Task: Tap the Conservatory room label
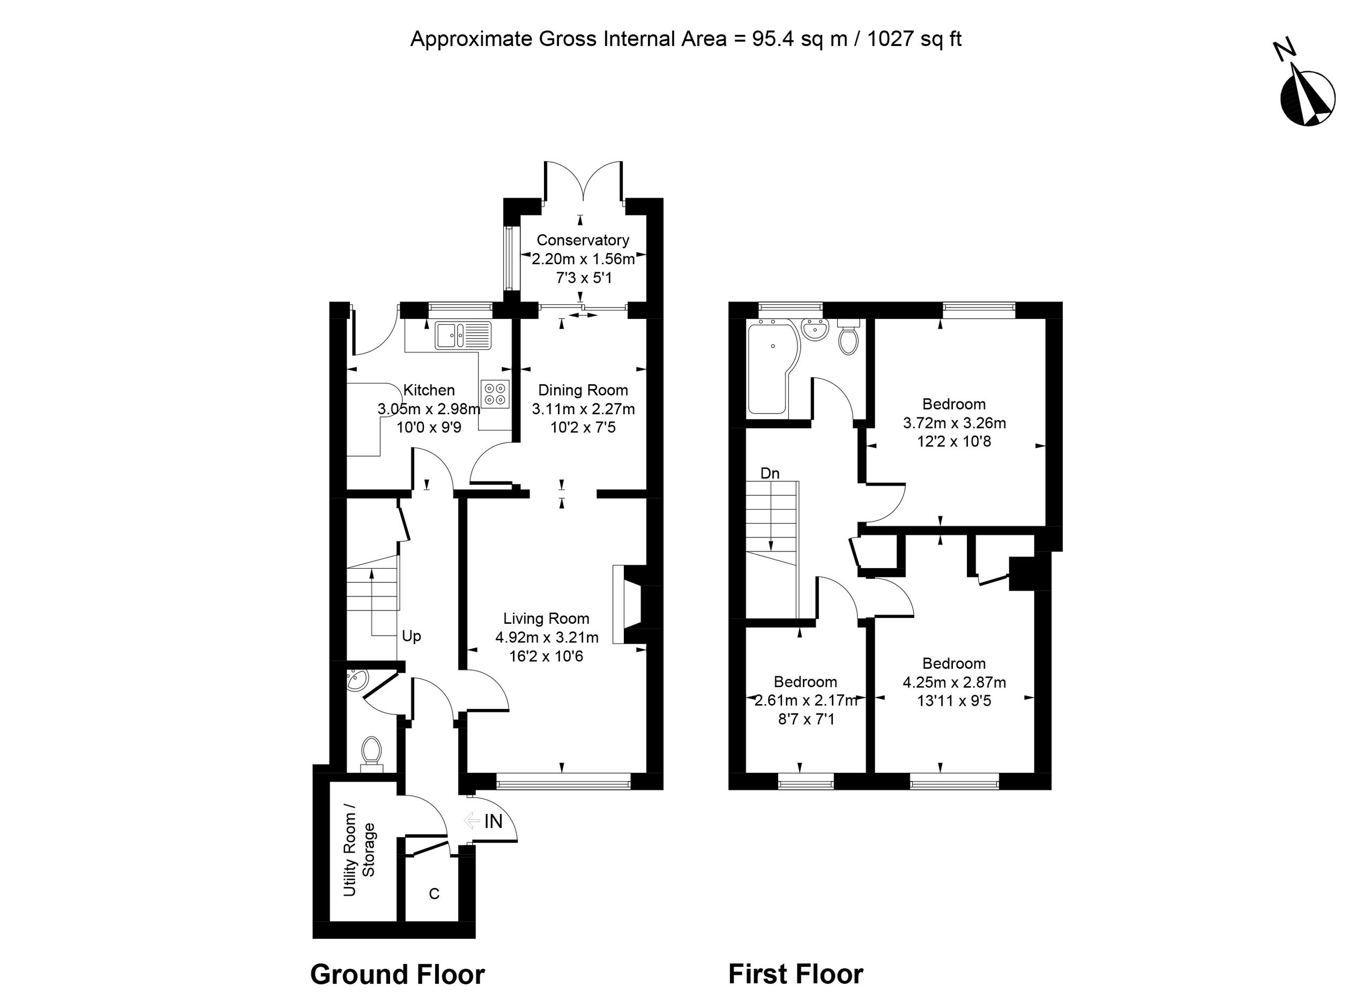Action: click(583, 240)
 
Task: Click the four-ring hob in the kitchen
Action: click(495, 393)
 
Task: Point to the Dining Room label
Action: click(583, 390)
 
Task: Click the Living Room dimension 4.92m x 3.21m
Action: click(547, 637)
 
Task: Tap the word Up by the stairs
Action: click(412, 636)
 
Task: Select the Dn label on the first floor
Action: click(770, 473)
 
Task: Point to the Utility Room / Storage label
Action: click(359, 850)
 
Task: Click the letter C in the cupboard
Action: click(434, 894)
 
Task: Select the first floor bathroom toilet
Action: click(848, 338)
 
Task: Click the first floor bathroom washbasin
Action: click(815, 330)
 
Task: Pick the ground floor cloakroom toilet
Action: click(371, 754)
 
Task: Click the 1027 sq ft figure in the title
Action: click(914, 39)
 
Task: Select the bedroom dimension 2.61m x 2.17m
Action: click(806, 701)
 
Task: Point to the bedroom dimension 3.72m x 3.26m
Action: click(955, 423)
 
